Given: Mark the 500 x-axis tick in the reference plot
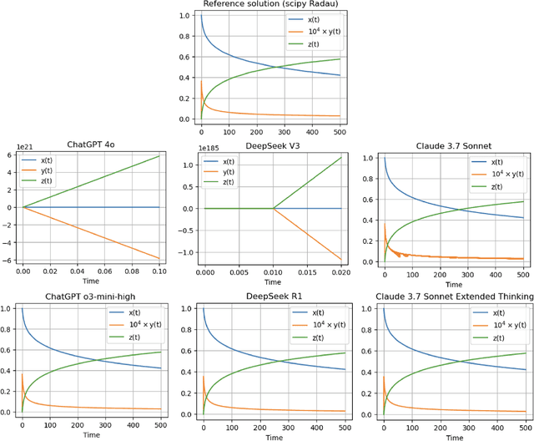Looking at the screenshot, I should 338,131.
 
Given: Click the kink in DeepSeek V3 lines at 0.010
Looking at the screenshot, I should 273,208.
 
